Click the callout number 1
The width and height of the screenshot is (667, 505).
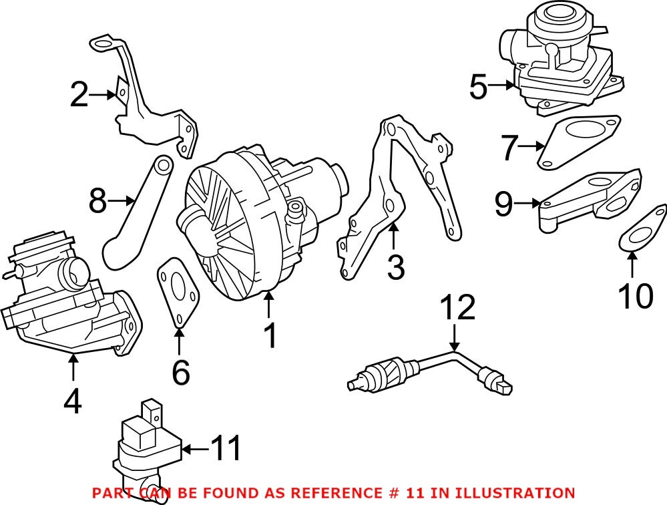270,337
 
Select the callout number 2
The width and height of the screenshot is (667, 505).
79,95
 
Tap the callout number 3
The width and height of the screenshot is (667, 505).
395,267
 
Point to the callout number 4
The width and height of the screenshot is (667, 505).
73,401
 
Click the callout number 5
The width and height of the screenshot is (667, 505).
478,87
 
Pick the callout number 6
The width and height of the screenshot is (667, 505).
180,372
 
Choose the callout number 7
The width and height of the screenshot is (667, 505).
510,147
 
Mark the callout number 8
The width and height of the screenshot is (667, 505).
97,200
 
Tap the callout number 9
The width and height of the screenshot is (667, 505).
503,204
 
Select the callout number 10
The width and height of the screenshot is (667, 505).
634,297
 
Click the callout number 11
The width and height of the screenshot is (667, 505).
226,450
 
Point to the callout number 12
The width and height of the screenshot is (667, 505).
457,308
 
